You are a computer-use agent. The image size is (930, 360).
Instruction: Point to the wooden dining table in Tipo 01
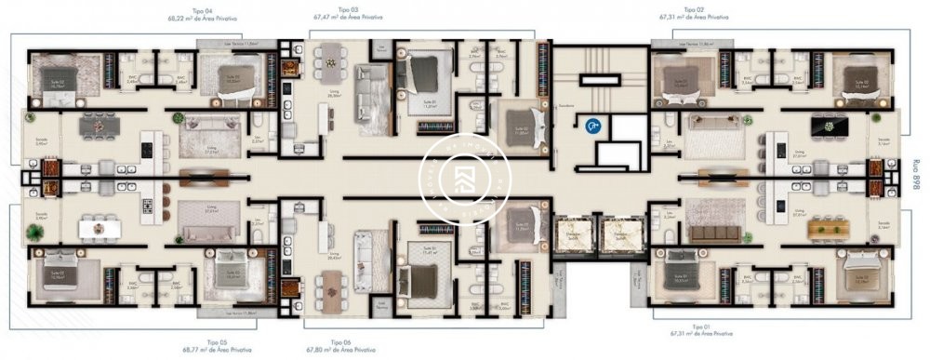(827, 225)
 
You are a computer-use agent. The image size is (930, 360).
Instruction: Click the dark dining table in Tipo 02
(825, 125)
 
